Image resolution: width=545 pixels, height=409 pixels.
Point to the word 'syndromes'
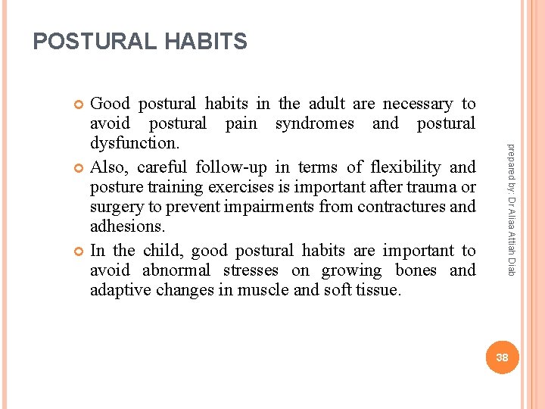314,123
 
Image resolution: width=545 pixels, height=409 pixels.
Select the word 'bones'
415,270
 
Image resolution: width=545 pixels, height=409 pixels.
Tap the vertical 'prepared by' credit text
511,209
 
